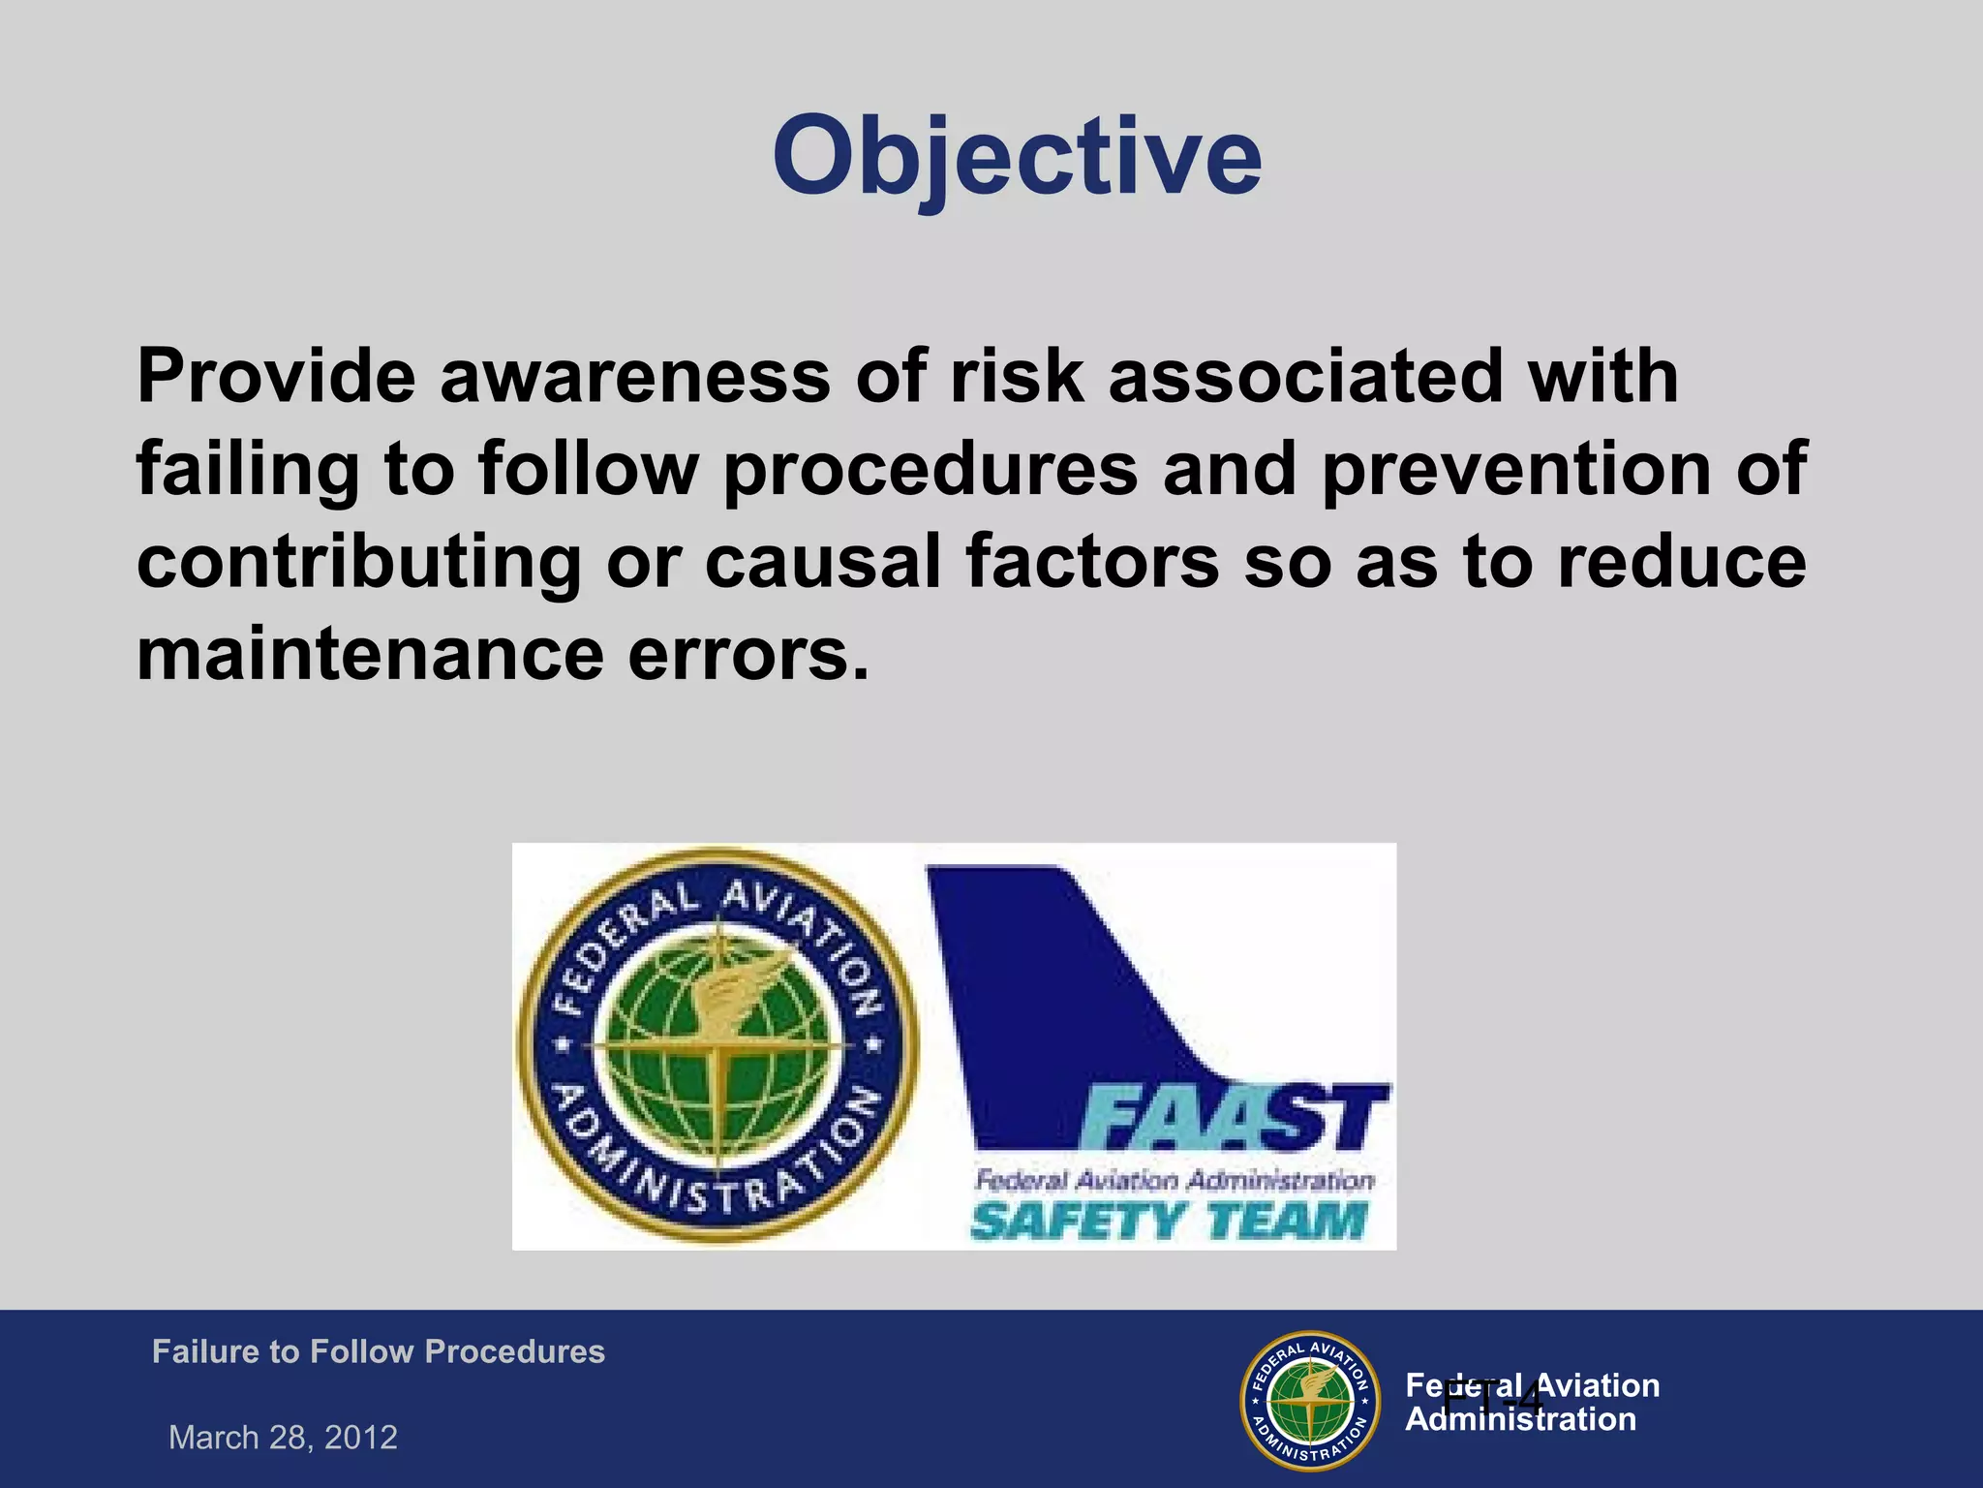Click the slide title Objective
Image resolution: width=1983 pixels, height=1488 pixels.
(1017, 155)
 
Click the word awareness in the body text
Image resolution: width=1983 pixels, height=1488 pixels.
(634, 376)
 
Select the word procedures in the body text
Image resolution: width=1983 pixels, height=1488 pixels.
(930, 470)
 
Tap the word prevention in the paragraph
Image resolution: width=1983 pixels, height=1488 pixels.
(1516, 470)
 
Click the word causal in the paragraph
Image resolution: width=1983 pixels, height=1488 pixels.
(823, 562)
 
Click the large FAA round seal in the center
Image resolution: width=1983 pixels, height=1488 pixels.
(717, 1046)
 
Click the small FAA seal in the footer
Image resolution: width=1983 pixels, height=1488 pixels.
(1310, 1401)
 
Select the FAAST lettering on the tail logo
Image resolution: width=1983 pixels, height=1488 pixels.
(1235, 1119)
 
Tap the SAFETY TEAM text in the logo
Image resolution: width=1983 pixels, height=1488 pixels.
(1170, 1221)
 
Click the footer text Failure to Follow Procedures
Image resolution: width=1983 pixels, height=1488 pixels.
(378, 1351)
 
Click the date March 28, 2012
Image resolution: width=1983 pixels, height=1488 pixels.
(283, 1437)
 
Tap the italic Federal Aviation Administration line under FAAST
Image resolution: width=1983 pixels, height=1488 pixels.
(1174, 1180)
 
